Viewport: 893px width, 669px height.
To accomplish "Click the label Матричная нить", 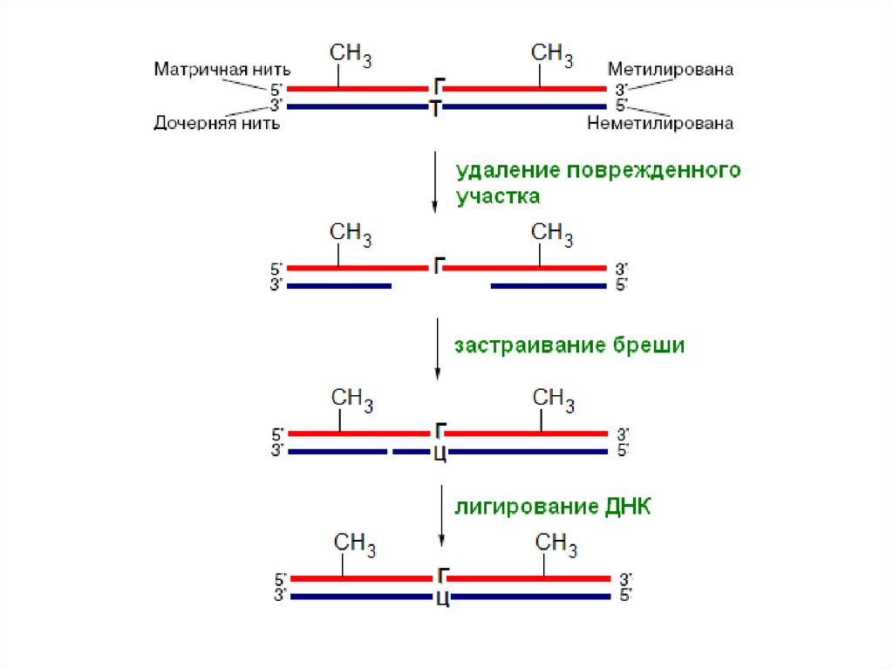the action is pyautogui.click(x=222, y=69).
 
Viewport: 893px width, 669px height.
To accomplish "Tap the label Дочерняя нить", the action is pyautogui.click(x=216, y=124).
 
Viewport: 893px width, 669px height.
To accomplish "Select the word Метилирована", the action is pyautogui.click(x=671, y=69).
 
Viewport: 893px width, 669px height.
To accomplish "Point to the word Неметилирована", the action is pyautogui.click(x=660, y=124).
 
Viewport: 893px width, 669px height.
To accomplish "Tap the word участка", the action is pyautogui.click(x=498, y=196).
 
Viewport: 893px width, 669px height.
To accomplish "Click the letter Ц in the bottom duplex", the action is pyautogui.click(x=441, y=599).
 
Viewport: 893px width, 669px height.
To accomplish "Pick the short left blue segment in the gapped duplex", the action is pyautogui.click(x=339, y=285).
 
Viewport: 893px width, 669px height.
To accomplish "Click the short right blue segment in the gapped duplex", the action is pyautogui.click(x=548, y=285).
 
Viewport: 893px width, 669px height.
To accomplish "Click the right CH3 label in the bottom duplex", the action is pyautogui.click(x=556, y=545).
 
